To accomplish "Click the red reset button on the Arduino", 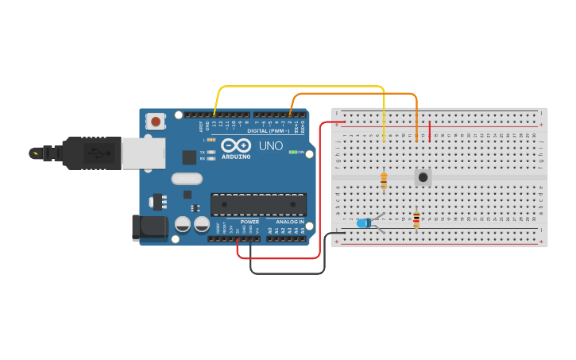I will (156, 122).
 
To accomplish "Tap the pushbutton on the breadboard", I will (423, 177).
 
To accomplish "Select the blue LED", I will (364, 223).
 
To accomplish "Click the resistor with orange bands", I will (384, 180).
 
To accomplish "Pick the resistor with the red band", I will (416, 219).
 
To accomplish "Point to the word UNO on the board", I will (271, 146).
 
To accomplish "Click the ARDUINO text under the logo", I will (237, 157).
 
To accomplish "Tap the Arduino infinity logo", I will (237, 145).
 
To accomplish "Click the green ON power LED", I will (292, 152).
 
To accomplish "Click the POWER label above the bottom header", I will (249, 222).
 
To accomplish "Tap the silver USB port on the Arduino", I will (143, 153).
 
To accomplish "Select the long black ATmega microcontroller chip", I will (258, 204).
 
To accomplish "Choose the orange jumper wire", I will (358, 94).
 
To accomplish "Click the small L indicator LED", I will (211, 140).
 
